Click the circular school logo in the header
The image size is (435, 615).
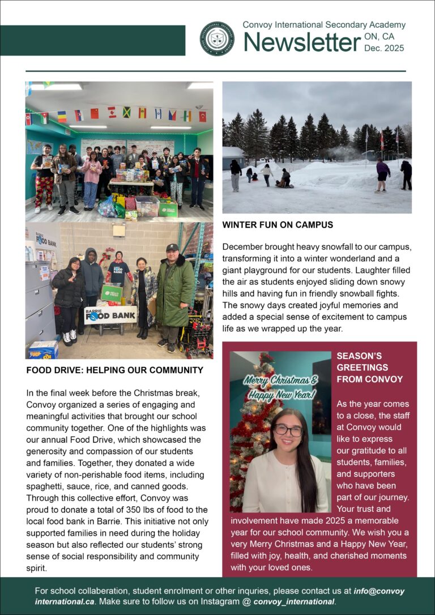tap(217, 39)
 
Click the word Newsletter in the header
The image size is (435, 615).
tap(302, 42)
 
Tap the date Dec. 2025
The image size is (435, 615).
tap(384, 48)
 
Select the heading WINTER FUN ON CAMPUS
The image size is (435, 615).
tap(278, 225)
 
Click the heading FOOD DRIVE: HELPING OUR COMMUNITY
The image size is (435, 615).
tap(114, 370)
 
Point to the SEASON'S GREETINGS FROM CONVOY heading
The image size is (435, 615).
tap(370, 368)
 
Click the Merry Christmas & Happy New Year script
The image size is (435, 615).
tap(280, 387)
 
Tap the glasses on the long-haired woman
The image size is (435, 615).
tap(288, 430)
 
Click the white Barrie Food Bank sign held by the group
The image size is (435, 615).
tap(110, 314)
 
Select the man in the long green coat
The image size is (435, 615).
tap(175, 297)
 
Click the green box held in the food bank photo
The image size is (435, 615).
tap(112, 292)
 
